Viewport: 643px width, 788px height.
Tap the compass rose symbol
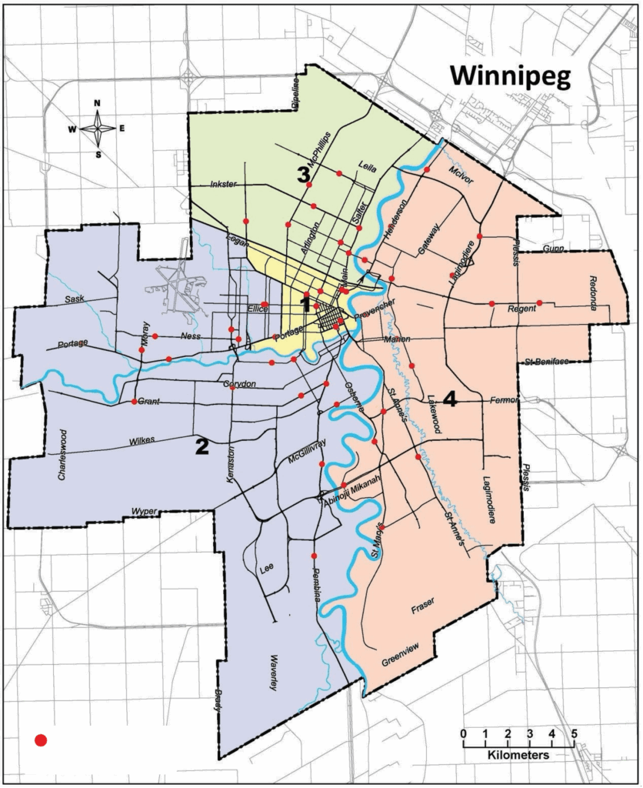tap(98, 129)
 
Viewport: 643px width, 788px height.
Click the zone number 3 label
tap(304, 175)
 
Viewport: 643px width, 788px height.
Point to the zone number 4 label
tap(451, 399)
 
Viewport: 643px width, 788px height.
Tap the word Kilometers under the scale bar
tap(518, 756)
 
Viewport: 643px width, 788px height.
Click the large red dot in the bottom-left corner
tap(42, 740)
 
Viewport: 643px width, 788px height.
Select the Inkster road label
tap(225, 185)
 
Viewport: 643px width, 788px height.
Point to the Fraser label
tap(423, 608)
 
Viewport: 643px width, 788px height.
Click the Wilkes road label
tap(142, 441)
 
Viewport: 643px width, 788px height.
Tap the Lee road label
tap(267, 569)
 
